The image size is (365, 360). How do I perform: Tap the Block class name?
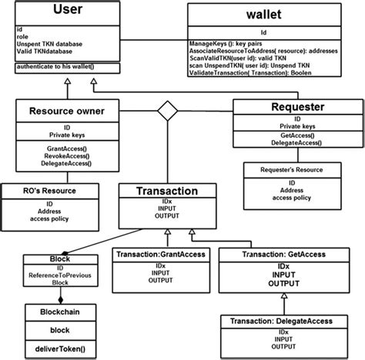click(x=59, y=260)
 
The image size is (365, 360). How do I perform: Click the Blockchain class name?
click(x=59, y=313)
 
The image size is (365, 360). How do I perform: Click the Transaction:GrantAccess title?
click(x=160, y=254)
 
